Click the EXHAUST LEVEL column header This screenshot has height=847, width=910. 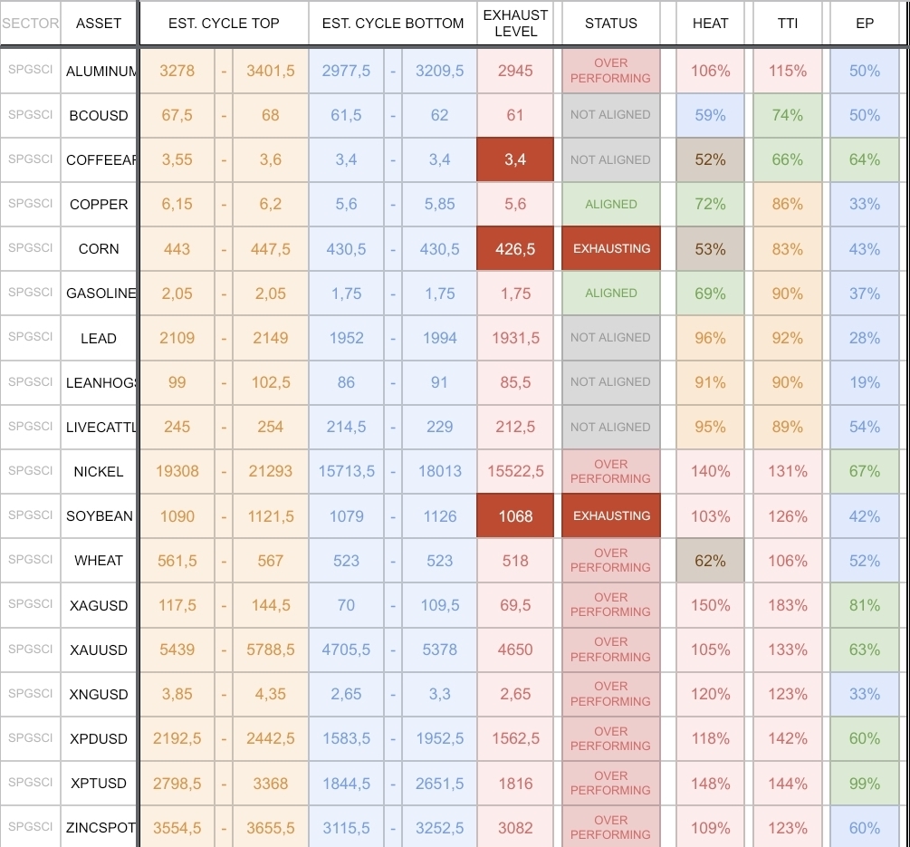tap(515, 24)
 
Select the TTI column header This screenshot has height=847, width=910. tap(788, 24)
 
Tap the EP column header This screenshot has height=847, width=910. tap(865, 24)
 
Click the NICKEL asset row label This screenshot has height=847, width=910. tap(99, 471)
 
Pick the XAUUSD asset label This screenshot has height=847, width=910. tap(99, 650)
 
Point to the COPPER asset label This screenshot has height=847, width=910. tap(99, 205)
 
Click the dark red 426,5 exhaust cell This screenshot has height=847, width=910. tap(515, 249)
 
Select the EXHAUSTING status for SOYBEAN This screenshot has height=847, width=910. tap(611, 516)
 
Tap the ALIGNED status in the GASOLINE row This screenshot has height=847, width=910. tap(611, 294)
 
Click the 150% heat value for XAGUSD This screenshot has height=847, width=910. tap(710, 605)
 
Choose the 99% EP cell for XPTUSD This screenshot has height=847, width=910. tap(865, 784)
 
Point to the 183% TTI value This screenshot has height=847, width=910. tap(788, 605)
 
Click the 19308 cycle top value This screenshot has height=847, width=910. tap(177, 471)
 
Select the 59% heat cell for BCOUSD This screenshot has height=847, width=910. tap(710, 116)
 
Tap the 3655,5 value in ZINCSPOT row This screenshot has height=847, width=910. tap(270, 828)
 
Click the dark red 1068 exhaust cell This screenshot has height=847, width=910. tap(515, 516)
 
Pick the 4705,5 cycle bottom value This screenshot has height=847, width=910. tap(346, 650)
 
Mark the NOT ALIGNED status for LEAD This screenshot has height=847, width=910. tap(611, 338)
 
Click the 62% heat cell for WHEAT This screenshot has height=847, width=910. tap(710, 561)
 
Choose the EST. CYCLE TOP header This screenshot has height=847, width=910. tap(224, 24)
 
